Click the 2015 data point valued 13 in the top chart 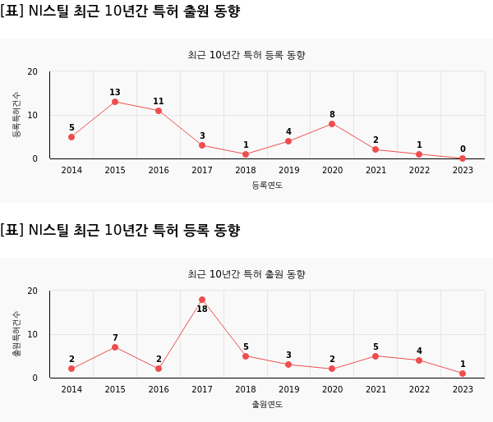[115, 102]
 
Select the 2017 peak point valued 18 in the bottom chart [202, 300]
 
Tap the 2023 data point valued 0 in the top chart [463, 158]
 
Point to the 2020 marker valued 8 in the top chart [332, 124]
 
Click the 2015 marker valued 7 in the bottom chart [115, 347]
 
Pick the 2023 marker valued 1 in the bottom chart [463, 374]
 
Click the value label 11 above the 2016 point [159, 102]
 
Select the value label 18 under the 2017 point [202, 310]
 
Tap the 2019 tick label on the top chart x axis [288, 170]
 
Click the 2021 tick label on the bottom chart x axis [376, 389]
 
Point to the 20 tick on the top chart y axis [33, 72]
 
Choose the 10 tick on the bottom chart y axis [33, 335]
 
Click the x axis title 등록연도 [267, 186]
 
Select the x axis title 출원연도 [267, 405]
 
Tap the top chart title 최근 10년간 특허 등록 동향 [246, 55]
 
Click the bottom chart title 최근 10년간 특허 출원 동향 [246, 274]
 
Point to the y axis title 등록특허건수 [16, 115]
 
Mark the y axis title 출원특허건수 [16, 334]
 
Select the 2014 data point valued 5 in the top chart [71, 137]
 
